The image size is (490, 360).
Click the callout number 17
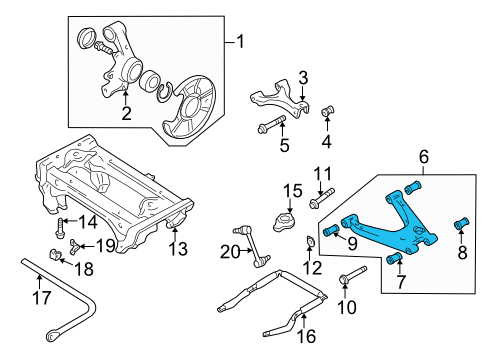click(x=42, y=298)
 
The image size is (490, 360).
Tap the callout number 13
click(x=178, y=249)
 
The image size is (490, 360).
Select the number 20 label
click(x=230, y=252)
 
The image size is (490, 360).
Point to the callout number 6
click(x=424, y=157)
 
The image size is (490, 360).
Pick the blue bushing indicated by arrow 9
click(x=331, y=230)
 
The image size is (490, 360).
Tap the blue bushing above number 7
click(x=394, y=258)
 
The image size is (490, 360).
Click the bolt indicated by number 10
click(x=352, y=274)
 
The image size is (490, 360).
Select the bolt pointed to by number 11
click(x=321, y=198)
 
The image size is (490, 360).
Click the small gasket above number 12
click(x=310, y=242)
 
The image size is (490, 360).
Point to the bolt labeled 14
click(x=59, y=228)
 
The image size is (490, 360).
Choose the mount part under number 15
click(x=283, y=223)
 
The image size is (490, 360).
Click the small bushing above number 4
click(x=328, y=111)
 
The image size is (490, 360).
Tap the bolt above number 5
click(x=272, y=123)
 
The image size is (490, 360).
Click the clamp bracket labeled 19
click(x=74, y=246)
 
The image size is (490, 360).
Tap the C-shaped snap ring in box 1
click(x=164, y=92)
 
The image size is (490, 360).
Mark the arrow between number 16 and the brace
click(x=304, y=318)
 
